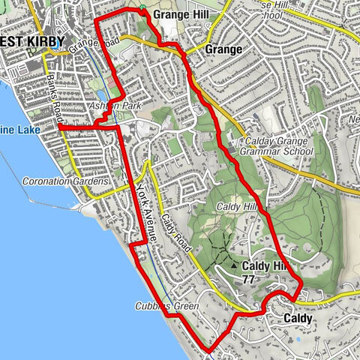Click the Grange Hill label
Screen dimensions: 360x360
pos(179,14)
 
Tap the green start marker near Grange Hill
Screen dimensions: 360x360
pos(142,8)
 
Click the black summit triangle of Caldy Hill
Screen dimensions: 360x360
pos(235,266)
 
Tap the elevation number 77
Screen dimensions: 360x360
pos(248,279)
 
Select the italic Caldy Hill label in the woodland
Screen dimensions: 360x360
pos(237,206)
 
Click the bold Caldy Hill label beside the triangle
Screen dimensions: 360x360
pos(265,266)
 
